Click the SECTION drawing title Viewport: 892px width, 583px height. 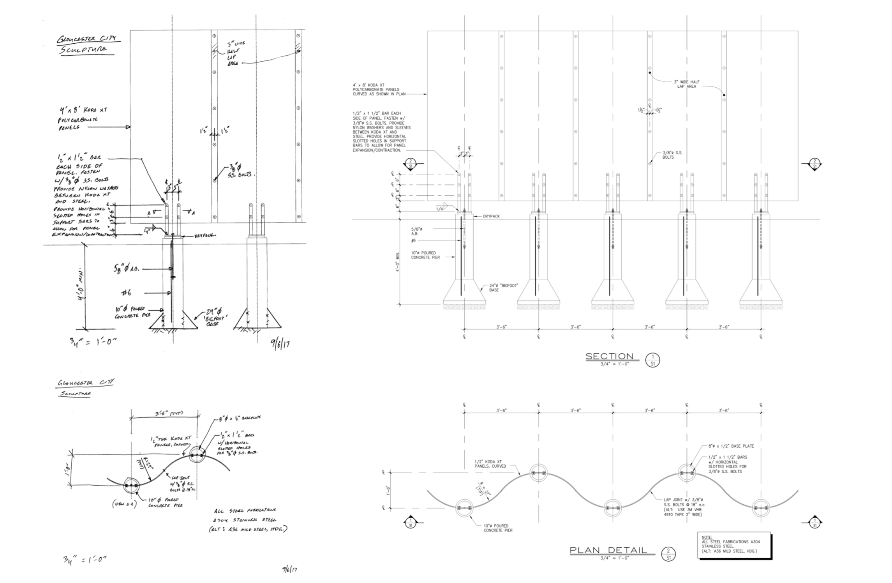610,356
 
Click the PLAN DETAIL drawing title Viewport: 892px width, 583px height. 608,550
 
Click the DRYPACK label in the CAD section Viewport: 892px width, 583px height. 491,216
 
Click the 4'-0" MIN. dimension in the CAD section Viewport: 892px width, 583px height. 397,261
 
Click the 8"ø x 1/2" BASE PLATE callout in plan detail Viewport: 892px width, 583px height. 731,446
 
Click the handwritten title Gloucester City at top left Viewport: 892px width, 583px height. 88,39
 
